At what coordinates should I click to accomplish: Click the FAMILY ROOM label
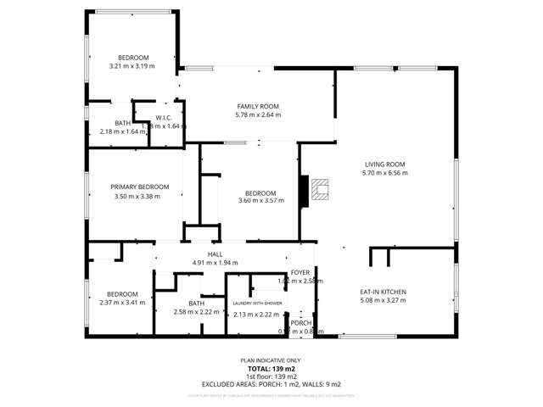258,107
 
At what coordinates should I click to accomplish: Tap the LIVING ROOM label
385,164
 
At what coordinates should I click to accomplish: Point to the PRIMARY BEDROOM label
139,187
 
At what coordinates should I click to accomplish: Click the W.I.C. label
164,118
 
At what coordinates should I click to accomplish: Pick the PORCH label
301,323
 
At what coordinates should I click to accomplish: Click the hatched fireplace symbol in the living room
318,192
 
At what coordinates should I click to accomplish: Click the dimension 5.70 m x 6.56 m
385,173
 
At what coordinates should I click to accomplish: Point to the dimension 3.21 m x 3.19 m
132,65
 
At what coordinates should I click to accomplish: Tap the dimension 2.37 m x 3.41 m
118,302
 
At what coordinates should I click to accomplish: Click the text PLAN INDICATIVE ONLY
271,360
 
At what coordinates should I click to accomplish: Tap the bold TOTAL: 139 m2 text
271,369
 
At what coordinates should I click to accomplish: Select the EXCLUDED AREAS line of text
271,384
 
